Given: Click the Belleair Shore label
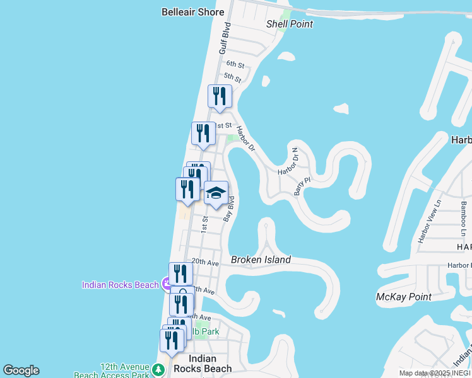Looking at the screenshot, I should point(192,12).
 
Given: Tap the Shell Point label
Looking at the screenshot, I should point(290,24).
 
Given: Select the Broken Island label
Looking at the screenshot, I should point(261,260).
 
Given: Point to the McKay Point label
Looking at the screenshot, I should point(403,297).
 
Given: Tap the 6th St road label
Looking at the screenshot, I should point(235,64).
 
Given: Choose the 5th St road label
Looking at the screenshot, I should point(232,78).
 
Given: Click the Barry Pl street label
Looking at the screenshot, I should point(302,186).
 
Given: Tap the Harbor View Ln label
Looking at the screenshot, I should point(431,221).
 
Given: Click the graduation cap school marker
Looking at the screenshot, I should point(216,194).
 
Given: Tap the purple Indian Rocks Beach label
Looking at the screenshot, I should point(120,285).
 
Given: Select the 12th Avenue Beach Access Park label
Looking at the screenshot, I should point(124,371).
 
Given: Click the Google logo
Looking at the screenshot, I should point(21,370).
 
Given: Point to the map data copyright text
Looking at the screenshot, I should point(435,373).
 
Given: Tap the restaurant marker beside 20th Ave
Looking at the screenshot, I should point(180,274).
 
